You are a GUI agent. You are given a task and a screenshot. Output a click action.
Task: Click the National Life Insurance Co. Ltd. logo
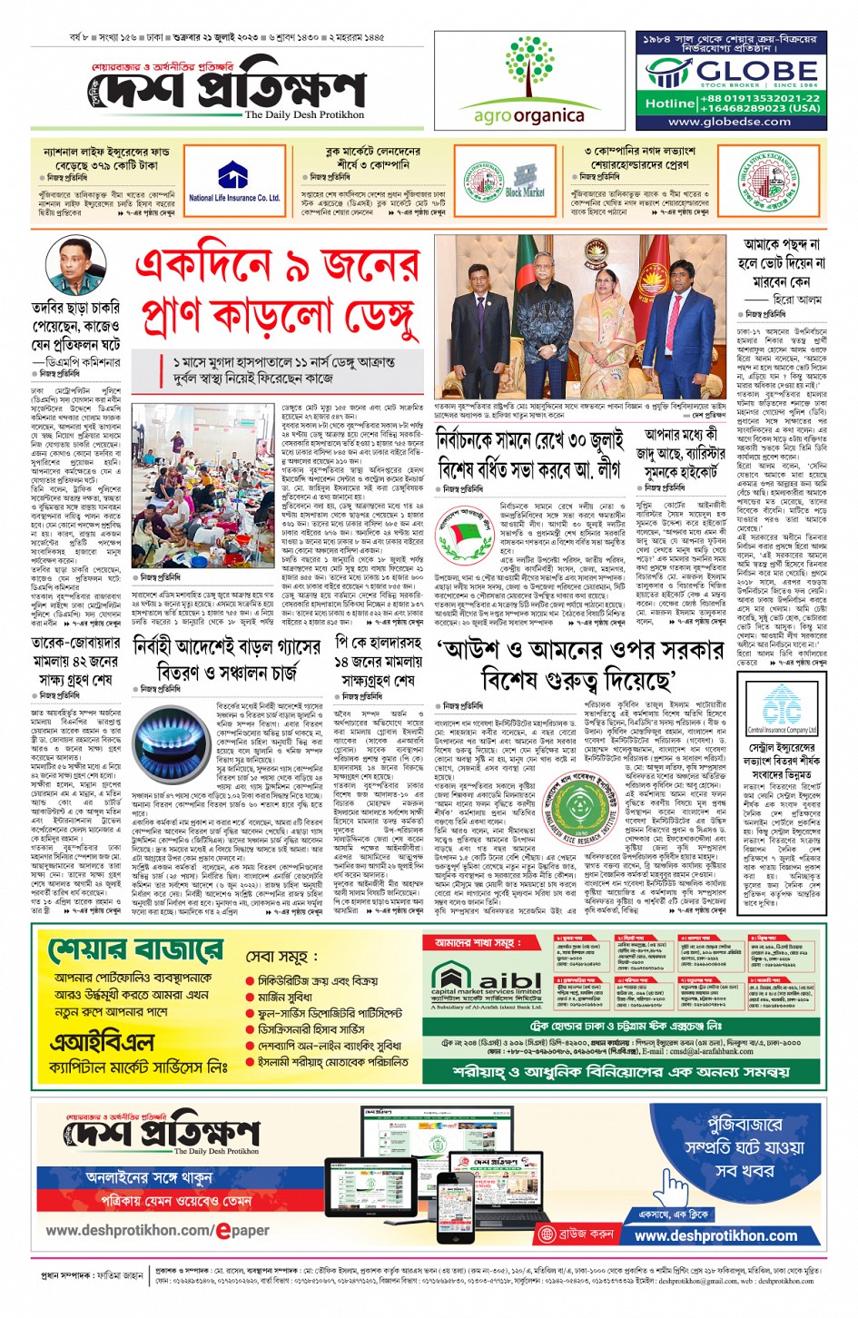(x=233, y=182)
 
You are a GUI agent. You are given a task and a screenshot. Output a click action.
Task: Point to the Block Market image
(x=525, y=181)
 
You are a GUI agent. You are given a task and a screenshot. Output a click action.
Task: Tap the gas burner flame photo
(x=171, y=738)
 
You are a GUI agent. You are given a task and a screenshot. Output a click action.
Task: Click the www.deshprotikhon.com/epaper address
(x=157, y=1230)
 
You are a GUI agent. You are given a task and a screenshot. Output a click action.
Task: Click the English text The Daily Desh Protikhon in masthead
(x=304, y=115)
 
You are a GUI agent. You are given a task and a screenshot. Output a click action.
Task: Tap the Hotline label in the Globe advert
(x=670, y=103)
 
